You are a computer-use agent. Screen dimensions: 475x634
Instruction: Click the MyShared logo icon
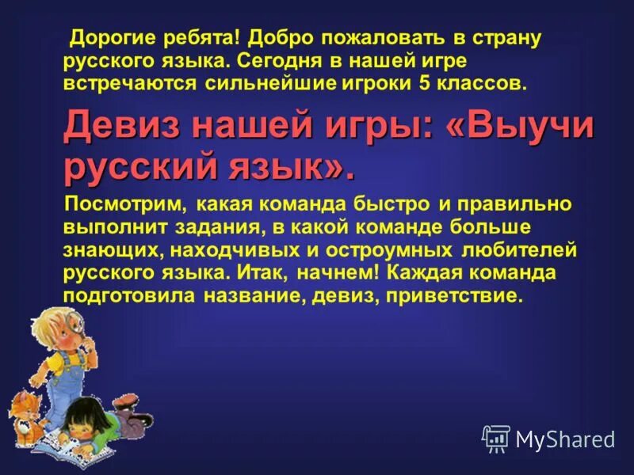tap(496, 438)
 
